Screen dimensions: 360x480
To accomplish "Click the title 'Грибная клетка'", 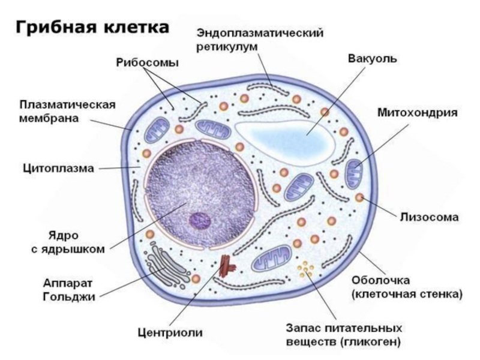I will (x=91, y=28).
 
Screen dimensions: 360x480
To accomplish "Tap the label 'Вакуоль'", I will (x=372, y=59).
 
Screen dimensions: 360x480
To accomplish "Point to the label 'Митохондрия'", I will (x=418, y=113).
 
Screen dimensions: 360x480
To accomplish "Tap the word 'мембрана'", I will (x=49, y=118).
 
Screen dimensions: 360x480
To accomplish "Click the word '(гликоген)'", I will (x=365, y=343).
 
